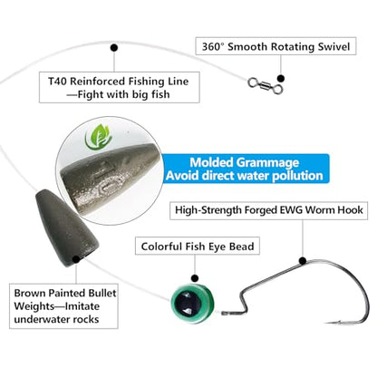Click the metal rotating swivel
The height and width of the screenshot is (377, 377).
[x=266, y=85]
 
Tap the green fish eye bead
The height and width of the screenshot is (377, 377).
[x=192, y=303]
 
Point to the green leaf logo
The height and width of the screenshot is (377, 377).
[x=99, y=138]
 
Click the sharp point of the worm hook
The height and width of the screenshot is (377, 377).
[x=326, y=324]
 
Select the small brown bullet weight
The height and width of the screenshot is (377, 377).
[x=66, y=227]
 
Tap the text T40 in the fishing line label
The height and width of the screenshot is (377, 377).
[x=57, y=82]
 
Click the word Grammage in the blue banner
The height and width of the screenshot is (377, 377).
[x=267, y=162]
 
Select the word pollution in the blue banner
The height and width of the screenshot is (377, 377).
[x=297, y=176]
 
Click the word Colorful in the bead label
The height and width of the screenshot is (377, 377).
[x=161, y=246]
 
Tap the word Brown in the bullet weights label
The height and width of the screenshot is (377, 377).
[x=30, y=293]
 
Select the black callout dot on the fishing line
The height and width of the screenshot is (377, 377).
[x=114, y=48]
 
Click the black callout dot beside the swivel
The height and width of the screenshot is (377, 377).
[x=281, y=79]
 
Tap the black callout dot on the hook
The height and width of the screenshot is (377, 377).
[x=303, y=261]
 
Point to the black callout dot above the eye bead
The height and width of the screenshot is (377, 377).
[x=195, y=278]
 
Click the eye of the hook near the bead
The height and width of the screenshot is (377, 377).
[x=224, y=314]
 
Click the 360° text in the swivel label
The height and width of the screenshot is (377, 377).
[x=213, y=47]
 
